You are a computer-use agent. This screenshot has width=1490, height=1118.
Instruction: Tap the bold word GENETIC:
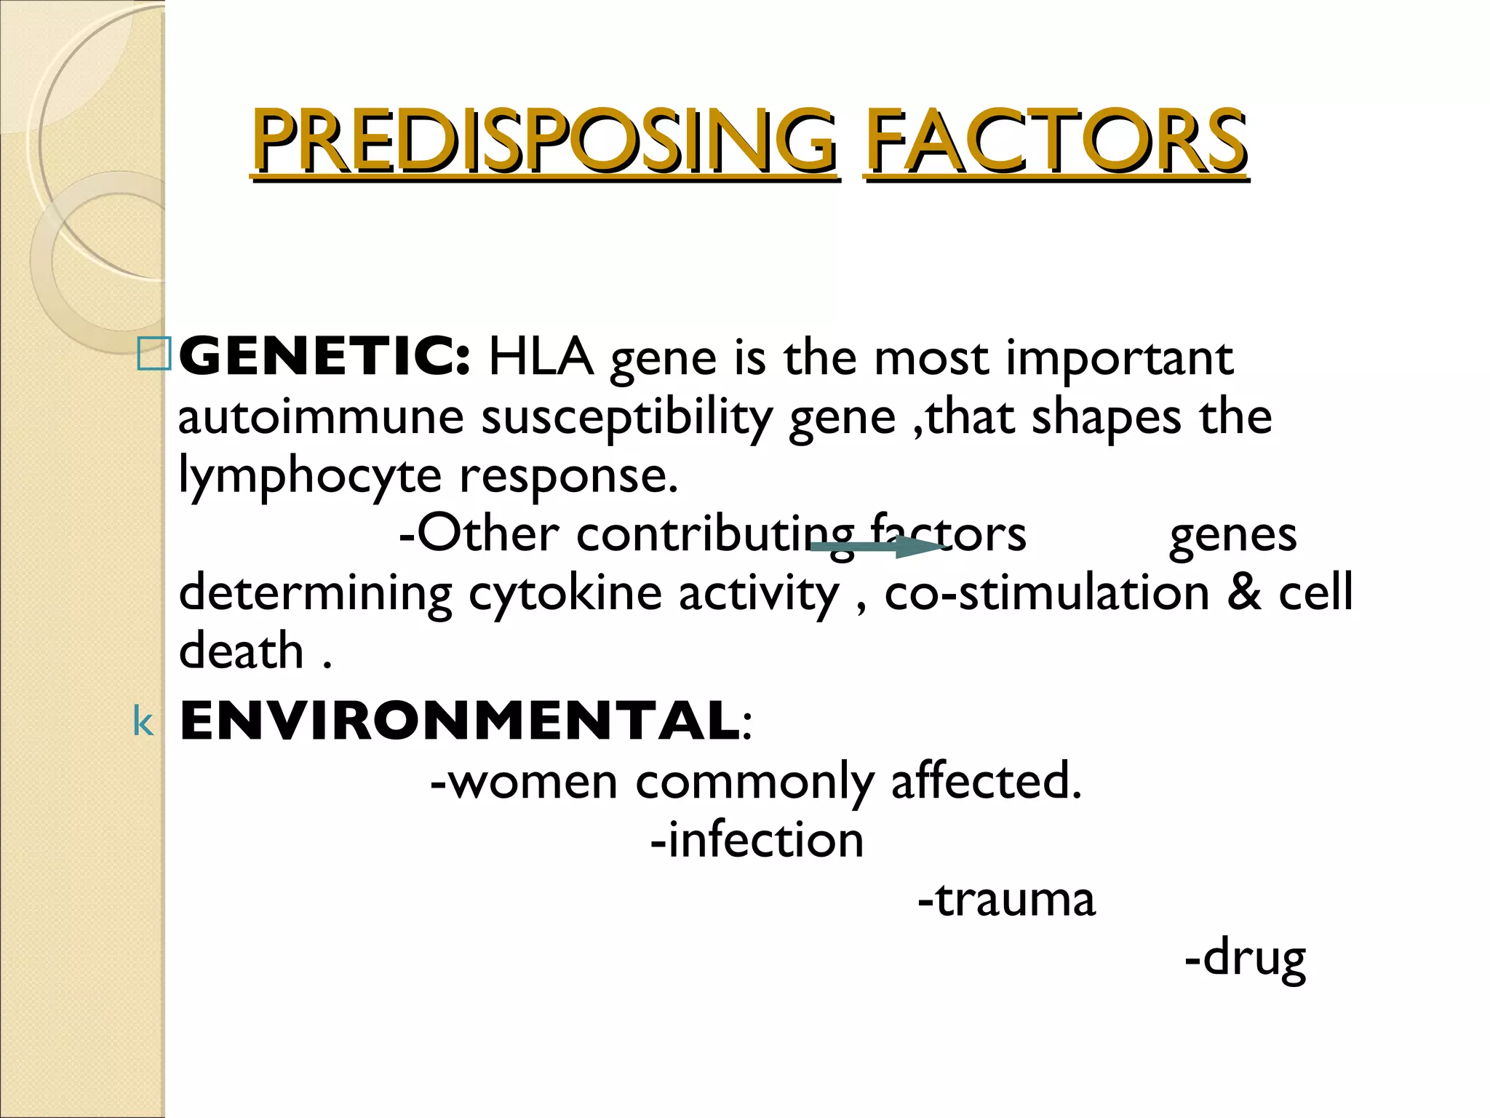324,357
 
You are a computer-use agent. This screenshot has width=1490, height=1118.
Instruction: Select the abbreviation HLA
541,357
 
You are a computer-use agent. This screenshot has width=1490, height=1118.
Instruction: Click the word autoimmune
321,417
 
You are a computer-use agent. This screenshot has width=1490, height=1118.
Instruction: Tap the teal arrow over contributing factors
877,547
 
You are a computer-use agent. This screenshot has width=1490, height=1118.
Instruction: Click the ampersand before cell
1244,592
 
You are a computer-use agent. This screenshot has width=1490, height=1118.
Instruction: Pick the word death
241,650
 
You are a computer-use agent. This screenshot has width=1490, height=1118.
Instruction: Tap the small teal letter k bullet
143,723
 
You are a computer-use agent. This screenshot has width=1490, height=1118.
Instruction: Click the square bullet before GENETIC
154,354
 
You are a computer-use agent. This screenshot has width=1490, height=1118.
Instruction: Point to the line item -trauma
1006,899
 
